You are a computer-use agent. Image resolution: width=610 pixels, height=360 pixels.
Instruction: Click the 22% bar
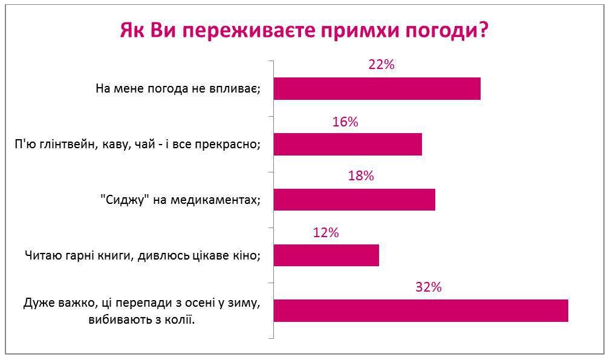point(377,89)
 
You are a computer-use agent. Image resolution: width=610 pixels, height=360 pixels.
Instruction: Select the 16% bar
point(348,145)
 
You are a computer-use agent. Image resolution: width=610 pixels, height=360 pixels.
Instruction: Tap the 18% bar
point(354,200)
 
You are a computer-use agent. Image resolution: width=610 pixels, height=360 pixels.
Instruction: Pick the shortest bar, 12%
point(326,255)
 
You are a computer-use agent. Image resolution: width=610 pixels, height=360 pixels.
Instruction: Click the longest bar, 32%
point(421,310)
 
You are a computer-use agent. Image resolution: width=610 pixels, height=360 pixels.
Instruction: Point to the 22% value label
point(381,64)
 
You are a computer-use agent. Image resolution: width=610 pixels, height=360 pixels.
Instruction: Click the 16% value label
point(345,122)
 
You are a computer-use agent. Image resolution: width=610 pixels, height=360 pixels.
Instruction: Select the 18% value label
point(361,176)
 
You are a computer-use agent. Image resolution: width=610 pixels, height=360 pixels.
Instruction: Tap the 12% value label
point(326,233)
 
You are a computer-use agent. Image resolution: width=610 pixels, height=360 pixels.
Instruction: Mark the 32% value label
point(429,287)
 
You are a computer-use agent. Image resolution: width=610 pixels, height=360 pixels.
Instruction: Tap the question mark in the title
point(483,29)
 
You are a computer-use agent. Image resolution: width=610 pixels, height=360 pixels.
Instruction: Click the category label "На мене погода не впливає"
point(178,89)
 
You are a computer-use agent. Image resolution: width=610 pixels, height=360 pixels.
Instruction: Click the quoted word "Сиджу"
point(125,200)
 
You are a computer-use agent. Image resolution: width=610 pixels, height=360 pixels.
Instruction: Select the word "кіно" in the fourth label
point(247,256)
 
